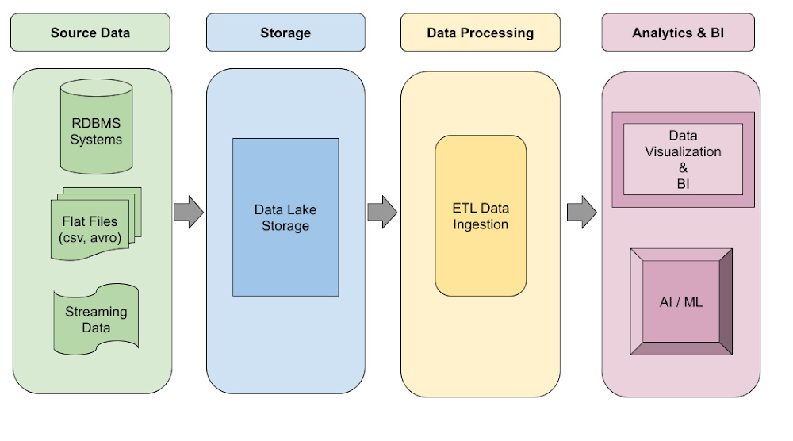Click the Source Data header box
coord(90,33)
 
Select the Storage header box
coord(285,33)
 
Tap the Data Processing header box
coord(480,33)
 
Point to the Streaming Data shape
coord(96,320)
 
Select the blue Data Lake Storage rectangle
coord(285,217)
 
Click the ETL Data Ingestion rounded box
coord(481,217)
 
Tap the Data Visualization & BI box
coord(683,159)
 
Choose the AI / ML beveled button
coord(681,302)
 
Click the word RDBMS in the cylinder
coord(96,124)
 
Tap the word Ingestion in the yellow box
coord(481,224)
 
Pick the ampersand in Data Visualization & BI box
coord(683,167)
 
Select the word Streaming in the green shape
coord(96,312)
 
